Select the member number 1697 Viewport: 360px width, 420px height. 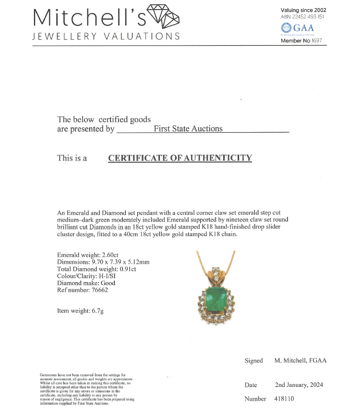(316, 41)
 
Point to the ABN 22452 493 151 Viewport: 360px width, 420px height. (303, 16)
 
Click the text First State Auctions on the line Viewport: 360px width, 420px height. (188, 128)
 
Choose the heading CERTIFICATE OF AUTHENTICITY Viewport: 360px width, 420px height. (180, 158)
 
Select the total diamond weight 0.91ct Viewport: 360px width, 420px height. (126, 269)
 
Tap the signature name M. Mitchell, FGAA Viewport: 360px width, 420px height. (300, 360)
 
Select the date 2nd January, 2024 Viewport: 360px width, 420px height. (299, 385)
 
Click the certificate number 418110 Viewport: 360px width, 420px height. (285, 399)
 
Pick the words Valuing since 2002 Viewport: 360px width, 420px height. (303, 10)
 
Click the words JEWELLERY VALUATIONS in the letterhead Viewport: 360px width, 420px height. (106, 37)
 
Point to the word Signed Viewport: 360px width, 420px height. (253, 360)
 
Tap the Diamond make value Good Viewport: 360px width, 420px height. (108, 283)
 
